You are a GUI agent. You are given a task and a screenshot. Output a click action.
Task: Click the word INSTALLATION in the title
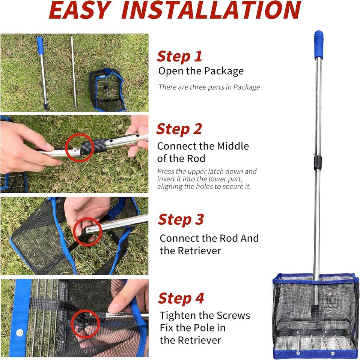[x=211, y=10]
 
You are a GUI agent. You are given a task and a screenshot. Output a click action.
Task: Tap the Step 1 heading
[x=179, y=57]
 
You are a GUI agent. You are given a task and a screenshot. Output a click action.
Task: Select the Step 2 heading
[x=179, y=129]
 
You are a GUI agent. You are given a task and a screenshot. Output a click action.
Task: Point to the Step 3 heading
[x=181, y=220]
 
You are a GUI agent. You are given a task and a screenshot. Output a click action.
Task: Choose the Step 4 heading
[x=181, y=298]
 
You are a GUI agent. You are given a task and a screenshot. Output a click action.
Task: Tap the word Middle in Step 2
[x=233, y=146]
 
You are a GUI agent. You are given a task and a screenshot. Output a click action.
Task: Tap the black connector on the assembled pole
[x=318, y=163]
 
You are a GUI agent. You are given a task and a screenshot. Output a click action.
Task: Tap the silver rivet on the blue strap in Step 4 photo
[x=20, y=333]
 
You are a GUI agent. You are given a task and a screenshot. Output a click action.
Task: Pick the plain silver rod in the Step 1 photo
[x=74, y=72]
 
